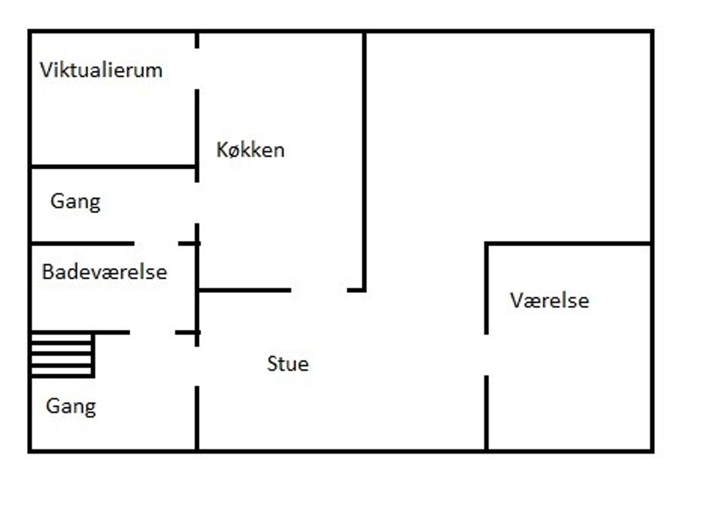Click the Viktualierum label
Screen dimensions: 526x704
[101, 70]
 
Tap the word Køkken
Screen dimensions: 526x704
[250, 150]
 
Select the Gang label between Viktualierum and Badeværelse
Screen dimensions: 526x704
[75, 202]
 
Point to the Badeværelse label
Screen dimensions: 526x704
[105, 272]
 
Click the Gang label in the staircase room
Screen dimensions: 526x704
[71, 407]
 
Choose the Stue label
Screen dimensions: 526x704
[288, 364]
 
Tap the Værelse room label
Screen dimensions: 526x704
[549, 301]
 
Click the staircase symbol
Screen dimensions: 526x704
[62, 355]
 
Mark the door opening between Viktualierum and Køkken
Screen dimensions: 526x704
[197, 69]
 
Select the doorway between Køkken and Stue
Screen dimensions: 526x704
[319, 290]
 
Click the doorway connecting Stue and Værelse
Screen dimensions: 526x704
[486, 355]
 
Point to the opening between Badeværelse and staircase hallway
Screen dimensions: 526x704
[152, 332]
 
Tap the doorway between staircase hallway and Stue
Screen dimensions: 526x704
[197, 366]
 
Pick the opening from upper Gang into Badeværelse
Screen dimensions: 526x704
[156, 243]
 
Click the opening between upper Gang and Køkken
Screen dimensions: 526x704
[197, 203]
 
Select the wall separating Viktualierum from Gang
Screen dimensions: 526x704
[113, 165]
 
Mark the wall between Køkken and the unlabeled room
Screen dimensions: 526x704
[364, 159]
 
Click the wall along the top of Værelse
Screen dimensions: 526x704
[568, 243]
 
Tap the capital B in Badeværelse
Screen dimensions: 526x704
[47, 272]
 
